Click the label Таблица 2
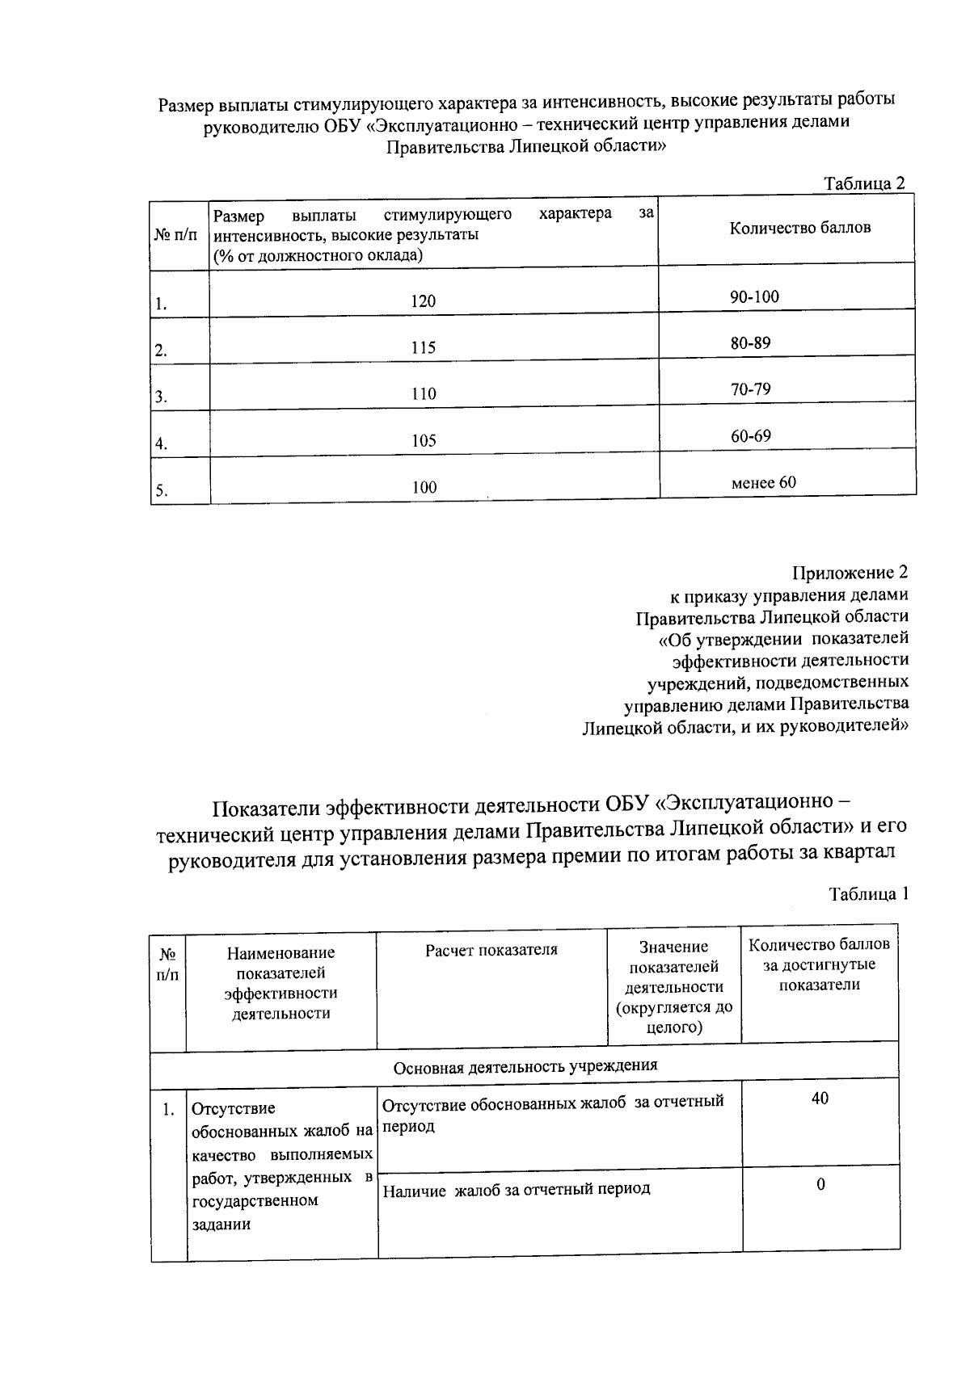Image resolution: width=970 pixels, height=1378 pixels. pos(863,183)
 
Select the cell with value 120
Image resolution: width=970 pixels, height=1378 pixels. pos(423,301)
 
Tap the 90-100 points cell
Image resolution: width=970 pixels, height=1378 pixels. pos(754,296)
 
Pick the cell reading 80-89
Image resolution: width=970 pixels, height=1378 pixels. pos(750,342)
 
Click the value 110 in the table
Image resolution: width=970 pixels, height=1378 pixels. pos(423,394)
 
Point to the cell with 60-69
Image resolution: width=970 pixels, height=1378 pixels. pos(750,436)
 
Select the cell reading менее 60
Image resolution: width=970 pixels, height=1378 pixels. pos(763,483)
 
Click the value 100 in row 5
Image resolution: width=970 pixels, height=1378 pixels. pos(424,487)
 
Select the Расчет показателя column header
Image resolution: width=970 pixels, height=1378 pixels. pos(491,950)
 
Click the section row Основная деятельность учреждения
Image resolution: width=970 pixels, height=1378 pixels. pos(525,1065)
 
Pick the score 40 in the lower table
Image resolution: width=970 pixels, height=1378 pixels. pos(820,1099)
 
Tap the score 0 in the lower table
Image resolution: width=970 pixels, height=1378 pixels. pos(820,1185)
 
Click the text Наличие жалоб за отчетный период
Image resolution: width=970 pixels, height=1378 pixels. pos(516,1189)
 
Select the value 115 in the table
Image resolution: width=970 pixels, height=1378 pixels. pos(423,348)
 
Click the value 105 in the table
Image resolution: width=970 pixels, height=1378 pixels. pos(423,441)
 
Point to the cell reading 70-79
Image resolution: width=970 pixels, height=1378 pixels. pos(750,389)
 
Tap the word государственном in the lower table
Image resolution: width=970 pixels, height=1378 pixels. pos(255,1200)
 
